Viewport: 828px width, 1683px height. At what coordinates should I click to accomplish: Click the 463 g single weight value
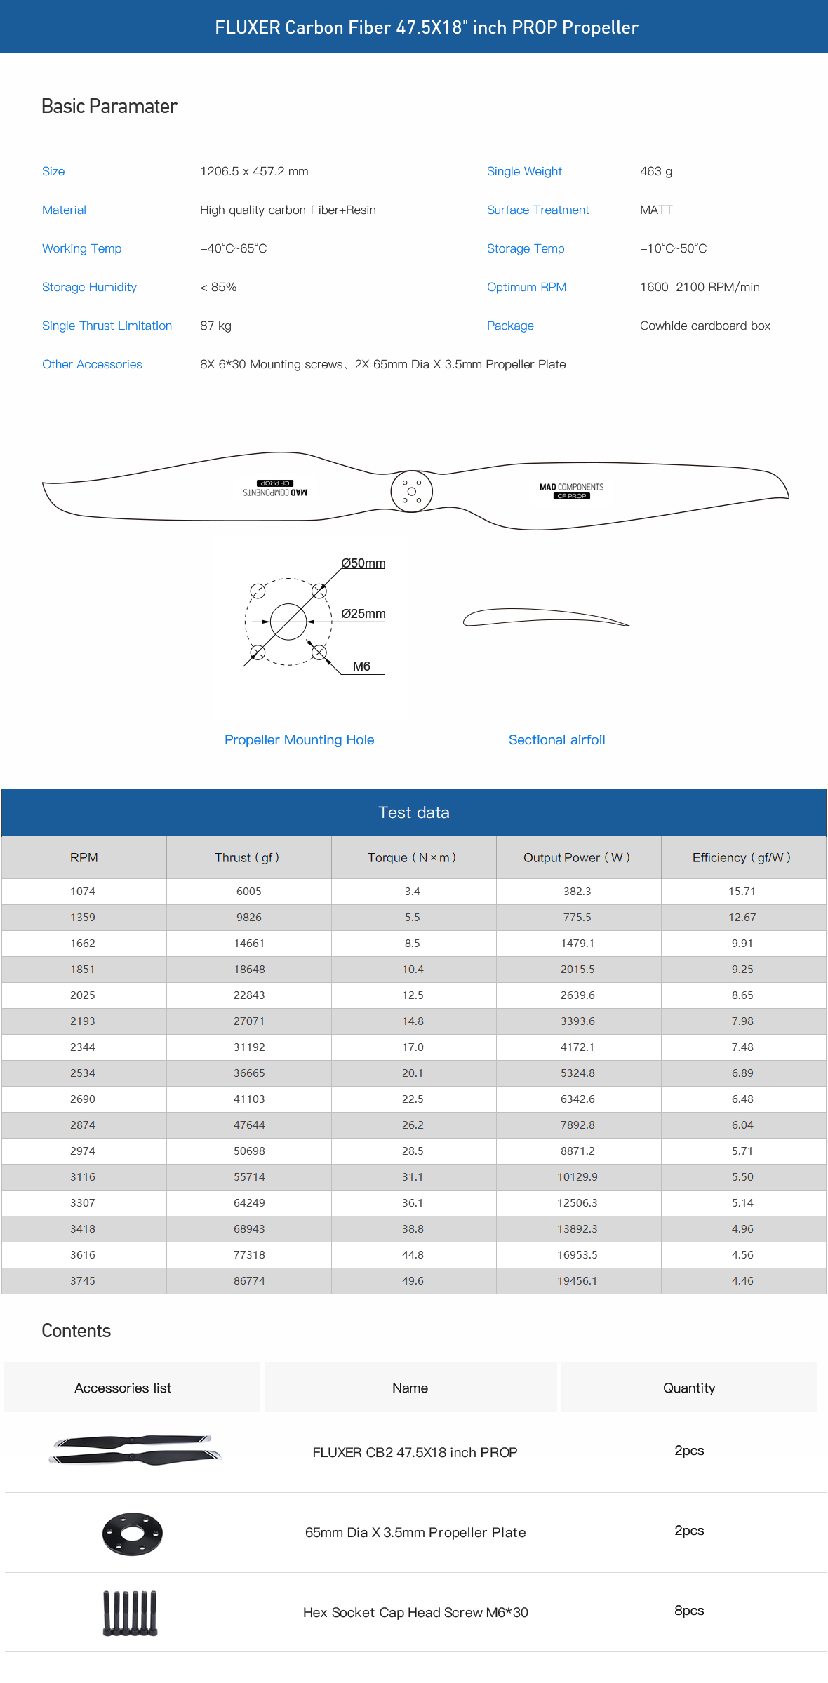pyautogui.click(x=655, y=171)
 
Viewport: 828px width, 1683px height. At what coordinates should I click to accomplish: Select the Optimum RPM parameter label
pyautogui.click(x=526, y=287)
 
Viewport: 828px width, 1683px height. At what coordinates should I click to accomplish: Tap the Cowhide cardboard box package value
pyautogui.click(x=705, y=326)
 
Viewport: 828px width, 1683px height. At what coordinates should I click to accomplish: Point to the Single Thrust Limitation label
pyautogui.click(x=107, y=326)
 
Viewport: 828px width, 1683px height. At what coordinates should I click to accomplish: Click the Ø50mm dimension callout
pyautogui.click(x=363, y=563)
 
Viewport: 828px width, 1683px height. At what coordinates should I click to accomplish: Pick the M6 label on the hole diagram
pyautogui.click(x=361, y=666)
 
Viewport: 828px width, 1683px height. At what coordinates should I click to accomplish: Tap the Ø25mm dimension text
pyautogui.click(x=363, y=614)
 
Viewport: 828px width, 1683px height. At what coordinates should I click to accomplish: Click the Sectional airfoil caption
pyautogui.click(x=556, y=739)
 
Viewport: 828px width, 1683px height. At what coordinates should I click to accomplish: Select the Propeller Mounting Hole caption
pyautogui.click(x=299, y=739)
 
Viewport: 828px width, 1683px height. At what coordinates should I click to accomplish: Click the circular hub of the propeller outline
pyautogui.click(x=412, y=491)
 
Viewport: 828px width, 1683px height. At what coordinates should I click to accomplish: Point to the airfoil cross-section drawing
pyautogui.click(x=545, y=617)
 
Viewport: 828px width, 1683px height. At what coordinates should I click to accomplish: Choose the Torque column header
pyautogui.click(x=412, y=857)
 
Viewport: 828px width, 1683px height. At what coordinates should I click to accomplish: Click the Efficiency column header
pyautogui.click(x=741, y=857)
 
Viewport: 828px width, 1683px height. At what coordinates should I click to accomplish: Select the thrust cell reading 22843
pyautogui.click(x=249, y=995)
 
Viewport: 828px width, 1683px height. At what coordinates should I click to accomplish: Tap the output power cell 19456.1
pyautogui.click(x=577, y=1280)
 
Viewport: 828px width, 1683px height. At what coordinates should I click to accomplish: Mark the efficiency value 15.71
pyautogui.click(x=742, y=891)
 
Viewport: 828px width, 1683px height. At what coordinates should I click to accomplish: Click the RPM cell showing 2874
pyautogui.click(x=83, y=1125)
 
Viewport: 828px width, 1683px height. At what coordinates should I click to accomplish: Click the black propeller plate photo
pyautogui.click(x=132, y=1534)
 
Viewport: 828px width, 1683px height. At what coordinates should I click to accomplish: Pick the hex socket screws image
pyautogui.click(x=131, y=1613)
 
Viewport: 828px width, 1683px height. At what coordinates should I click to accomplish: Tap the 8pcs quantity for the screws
pyautogui.click(x=688, y=1611)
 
